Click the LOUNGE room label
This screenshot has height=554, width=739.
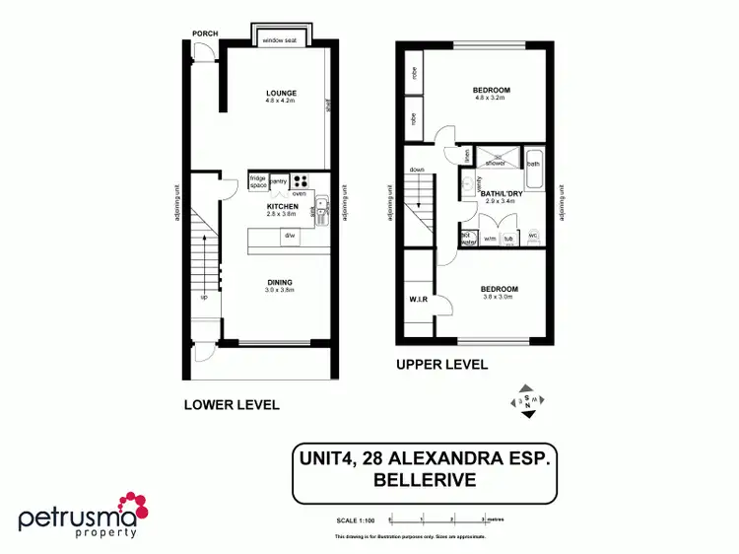point(281,94)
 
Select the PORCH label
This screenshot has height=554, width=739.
point(205,34)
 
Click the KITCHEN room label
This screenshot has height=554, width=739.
point(281,206)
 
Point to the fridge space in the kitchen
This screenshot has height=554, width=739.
point(257,181)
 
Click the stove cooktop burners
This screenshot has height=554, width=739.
point(302,180)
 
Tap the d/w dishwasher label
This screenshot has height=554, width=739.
point(290,237)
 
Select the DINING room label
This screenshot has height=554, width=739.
point(280,283)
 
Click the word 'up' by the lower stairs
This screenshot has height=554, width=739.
point(204,297)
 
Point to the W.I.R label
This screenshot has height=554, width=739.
point(417,300)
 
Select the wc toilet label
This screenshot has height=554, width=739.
point(533,237)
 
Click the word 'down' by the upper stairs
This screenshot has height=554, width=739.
point(417,169)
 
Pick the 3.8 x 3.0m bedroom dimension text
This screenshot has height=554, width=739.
point(500,297)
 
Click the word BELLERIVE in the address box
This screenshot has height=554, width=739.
point(425,481)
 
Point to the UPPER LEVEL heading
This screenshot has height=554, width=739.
point(441,364)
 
